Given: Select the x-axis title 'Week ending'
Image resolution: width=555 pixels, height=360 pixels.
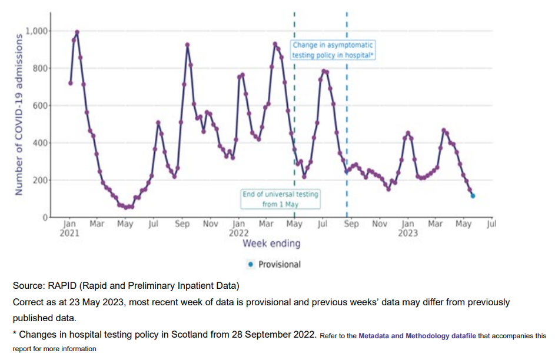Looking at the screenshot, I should [271, 244].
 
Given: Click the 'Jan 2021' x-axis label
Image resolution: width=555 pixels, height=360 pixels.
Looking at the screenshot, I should [69, 228].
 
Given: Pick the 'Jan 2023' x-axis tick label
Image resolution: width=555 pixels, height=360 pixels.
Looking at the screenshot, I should [407, 228].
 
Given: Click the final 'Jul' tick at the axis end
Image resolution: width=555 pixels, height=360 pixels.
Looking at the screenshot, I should [492, 224].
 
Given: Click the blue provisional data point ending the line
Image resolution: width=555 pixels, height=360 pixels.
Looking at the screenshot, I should [473, 196].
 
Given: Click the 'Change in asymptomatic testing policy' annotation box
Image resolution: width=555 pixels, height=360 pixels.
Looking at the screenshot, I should [333, 50].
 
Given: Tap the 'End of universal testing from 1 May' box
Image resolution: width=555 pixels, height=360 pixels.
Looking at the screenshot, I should [280, 199].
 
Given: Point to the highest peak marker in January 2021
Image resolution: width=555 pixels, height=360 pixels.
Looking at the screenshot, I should [77, 32].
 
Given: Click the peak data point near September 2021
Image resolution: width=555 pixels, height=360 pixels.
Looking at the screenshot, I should [187, 45].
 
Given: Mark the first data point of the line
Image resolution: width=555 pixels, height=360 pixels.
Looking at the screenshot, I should [71, 83].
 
